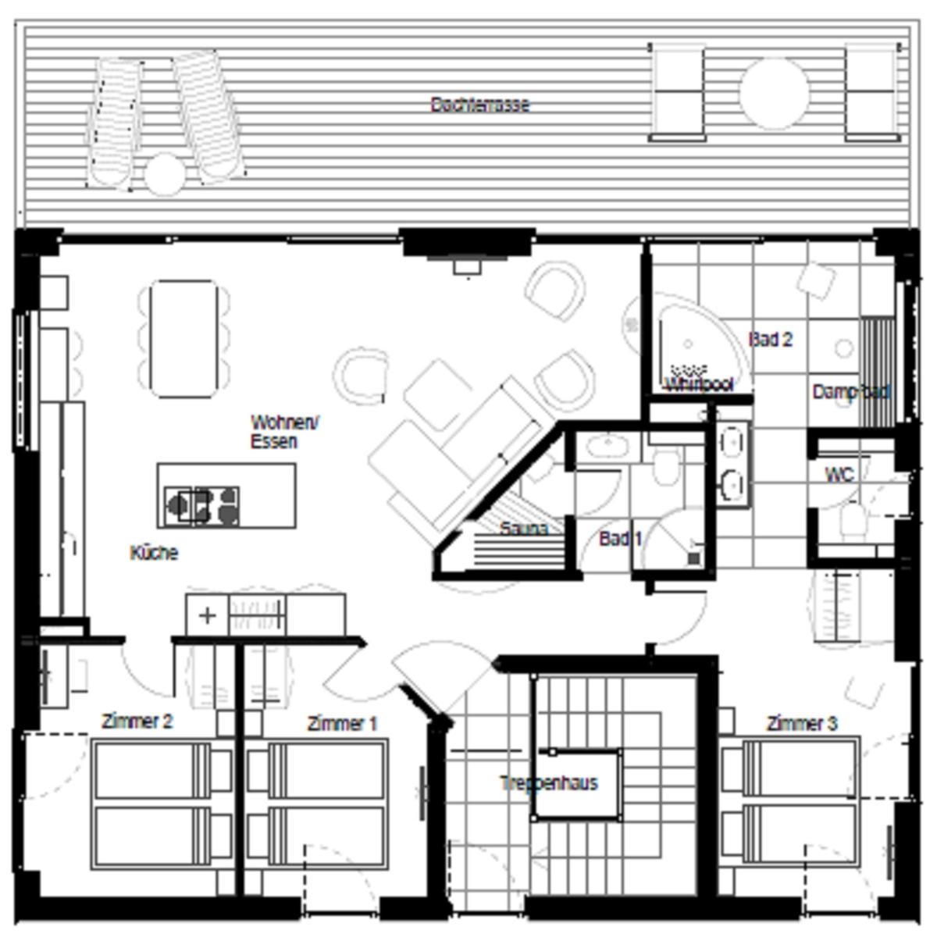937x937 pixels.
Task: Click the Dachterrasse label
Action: click(x=479, y=104)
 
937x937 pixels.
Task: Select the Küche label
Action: click(x=154, y=553)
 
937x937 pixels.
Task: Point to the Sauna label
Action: click(x=523, y=529)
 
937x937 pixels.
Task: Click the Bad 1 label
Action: click(x=620, y=538)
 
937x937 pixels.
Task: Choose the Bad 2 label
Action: click(x=770, y=339)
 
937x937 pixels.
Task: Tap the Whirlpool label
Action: click(x=698, y=384)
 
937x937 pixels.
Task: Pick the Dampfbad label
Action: click(x=850, y=391)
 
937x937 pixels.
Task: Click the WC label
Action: click(x=839, y=474)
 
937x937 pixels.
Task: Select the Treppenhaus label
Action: click(x=549, y=782)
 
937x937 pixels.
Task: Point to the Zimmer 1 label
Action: click(x=342, y=724)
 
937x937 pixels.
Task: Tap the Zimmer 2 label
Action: click(x=137, y=721)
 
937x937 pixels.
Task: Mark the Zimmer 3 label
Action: click(x=801, y=724)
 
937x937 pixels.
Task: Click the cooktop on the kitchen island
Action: click(x=201, y=505)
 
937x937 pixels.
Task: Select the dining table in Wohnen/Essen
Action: click(x=183, y=339)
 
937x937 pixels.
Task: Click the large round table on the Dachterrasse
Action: click(x=773, y=94)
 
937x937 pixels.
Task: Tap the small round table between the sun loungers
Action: click(x=164, y=173)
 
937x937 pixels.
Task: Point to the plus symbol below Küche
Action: click(x=207, y=615)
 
